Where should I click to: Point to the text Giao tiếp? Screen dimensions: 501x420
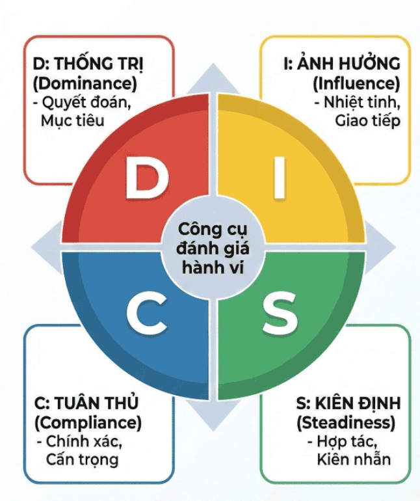(368, 120)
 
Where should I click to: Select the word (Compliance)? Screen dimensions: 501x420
(86, 422)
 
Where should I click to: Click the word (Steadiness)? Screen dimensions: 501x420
(345, 422)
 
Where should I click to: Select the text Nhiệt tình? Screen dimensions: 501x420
(360, 102)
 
